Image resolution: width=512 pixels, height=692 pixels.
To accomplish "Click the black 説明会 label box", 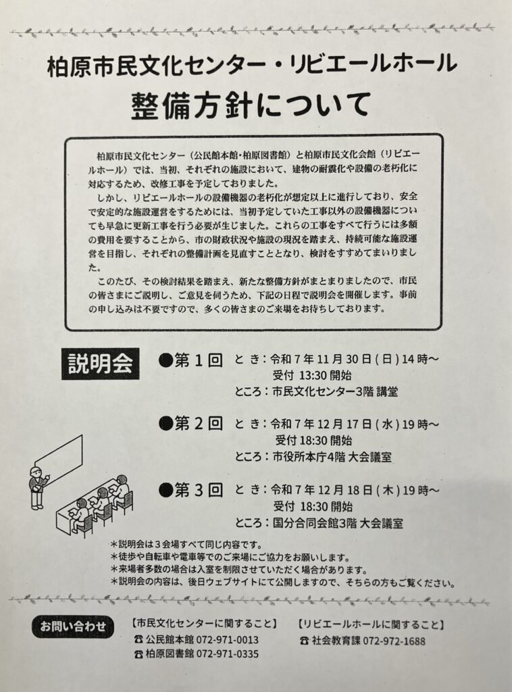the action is click(101, 364).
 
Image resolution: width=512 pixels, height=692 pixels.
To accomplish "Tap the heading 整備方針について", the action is click(251, 105).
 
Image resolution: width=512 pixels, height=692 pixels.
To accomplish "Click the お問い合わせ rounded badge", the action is click(73, 626).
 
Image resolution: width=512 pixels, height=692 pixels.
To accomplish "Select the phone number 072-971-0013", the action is click(228, 640).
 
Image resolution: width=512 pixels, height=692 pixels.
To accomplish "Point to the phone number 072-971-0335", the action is click(228, 654).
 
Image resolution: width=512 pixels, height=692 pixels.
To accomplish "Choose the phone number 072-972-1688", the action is click(394, 641).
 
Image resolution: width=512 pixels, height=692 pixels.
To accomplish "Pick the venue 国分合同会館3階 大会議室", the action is click(338, 524).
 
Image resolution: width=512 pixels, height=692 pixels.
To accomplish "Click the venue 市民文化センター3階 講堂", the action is click(335, 391).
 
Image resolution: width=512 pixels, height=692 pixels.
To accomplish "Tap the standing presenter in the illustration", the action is click(38, 488).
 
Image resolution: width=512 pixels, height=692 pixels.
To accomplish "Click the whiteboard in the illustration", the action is click(59, 457).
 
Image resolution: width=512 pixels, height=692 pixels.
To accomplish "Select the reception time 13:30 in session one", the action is click(313, 376).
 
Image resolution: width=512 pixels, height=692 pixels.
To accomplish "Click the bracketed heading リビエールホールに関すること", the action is click(371, 625).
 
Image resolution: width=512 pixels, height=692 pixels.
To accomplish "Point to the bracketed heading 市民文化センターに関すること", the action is click(205, 624).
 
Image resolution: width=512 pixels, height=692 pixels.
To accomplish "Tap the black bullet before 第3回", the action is click(165, 491).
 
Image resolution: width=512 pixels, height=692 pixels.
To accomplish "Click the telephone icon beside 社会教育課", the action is click(304, 641).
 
